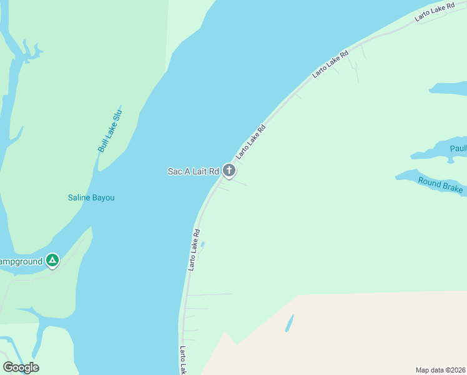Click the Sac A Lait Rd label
[194, 171]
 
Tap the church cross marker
[229, 170]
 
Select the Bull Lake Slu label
[109, 130]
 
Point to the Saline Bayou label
[91, 198]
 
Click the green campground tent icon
[53, 261]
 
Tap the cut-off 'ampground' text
[21, 261]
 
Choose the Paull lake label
[458, 149]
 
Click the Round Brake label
[440, 185]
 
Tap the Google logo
[21, 367]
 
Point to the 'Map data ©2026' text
[440, 370]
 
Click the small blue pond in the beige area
[289, 324]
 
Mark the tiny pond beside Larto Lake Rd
[202, 244]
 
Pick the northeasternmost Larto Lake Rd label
[435, 13]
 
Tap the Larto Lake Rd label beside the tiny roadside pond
[194, 249]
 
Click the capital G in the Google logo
[9, 367]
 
